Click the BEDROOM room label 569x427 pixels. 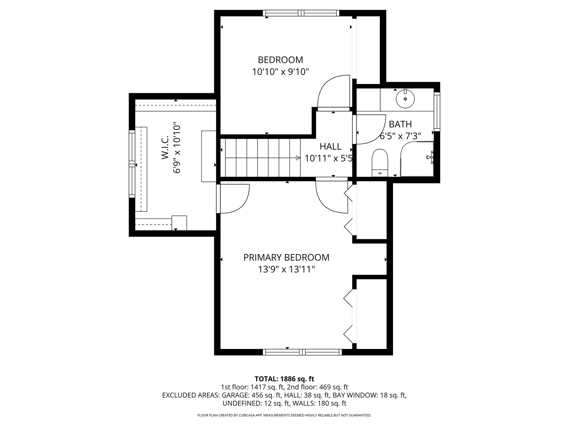pyautogui.click(x=280, y=60)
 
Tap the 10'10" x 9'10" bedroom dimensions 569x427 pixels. pyautogui.click(x=280, y=72)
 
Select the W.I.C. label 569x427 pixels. pyautogui.click(x=165, y=148)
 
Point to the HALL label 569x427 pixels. pyautogui.click(x=330, y=146)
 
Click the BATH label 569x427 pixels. pyautogui.click(x=400, y=124)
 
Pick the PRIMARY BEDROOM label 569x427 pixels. pyautogui.click(x=286, y=257)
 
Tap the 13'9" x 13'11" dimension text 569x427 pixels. pyautogui.click(x=286, y=269)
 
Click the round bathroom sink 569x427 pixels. pyautogui.click(x=405, y=99)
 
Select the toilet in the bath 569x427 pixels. pyautogui.click(x=380, y=162)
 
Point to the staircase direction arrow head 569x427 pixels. pyautogui.click(x=298, y=158)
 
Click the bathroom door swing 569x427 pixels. pyautogui.click(x=370, y=129)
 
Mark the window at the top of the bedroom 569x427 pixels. pyautogui.click(x=301, y=13)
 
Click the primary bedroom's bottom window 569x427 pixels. pyautogui.click(x=303, y=352)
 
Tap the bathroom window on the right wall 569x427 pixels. pyautogui.click(x=437, y=111)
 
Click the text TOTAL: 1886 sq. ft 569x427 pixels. pyautogui.click(x=284, y=379)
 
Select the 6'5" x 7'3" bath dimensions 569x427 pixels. pyautogui.click(x=400, y=136)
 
